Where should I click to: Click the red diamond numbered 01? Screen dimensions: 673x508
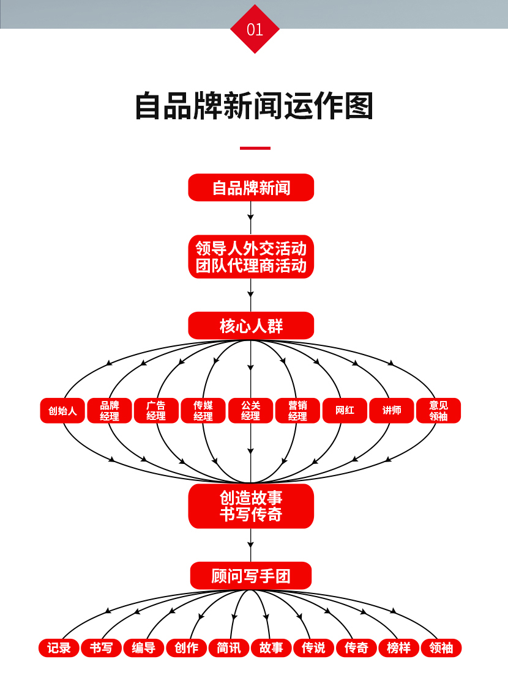[x=255, y=29]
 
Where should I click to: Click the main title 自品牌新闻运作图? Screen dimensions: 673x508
[x=254, y=106]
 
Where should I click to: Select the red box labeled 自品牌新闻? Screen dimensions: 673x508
[x=251, y=188]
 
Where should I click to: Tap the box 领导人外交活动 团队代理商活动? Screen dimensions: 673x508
[x=251, y=257]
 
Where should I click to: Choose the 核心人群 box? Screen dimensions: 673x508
[x=251, y=326]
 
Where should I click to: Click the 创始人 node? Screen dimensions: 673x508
[x=62, y=411]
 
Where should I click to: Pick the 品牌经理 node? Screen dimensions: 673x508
[x=110, y=411]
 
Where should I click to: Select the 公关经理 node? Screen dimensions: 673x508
[x=250, y=411]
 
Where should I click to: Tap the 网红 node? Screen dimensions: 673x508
[x=345, y=411]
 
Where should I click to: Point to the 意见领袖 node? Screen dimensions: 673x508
[x=438, y=411]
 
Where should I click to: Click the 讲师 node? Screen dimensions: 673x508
[x=392, y=411]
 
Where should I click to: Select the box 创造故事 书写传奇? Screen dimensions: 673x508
[x=251, y=506]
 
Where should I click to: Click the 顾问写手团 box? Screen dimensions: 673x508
[x=251, y=576]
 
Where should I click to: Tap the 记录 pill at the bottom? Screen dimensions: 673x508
[x=59, y=648]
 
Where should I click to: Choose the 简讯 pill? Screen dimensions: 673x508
[x=229, y=648]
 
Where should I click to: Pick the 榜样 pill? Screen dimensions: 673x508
[x=398, y=648]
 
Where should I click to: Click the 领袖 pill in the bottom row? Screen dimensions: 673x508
[x=441, y=648]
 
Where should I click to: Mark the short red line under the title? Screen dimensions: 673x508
[x=255, y=148]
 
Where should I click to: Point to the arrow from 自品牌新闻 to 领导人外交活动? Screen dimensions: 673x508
[x=251, y=218]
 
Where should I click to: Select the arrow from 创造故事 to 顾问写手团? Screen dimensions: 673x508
[x=251, y=545]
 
